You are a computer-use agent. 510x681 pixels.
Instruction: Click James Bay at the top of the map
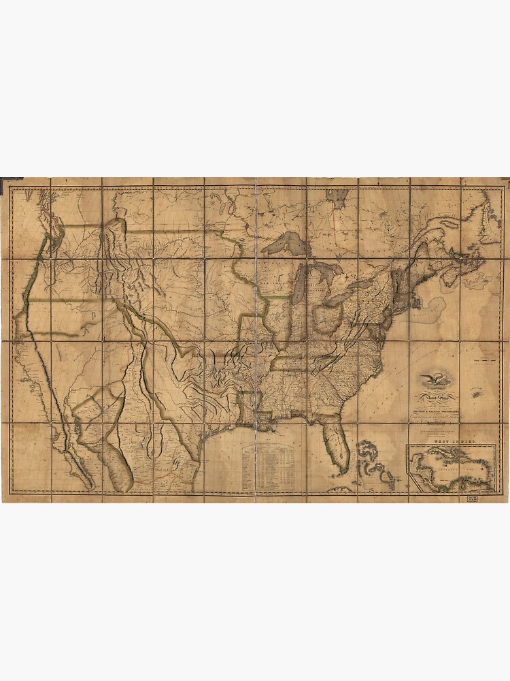[x=338, y=197]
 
